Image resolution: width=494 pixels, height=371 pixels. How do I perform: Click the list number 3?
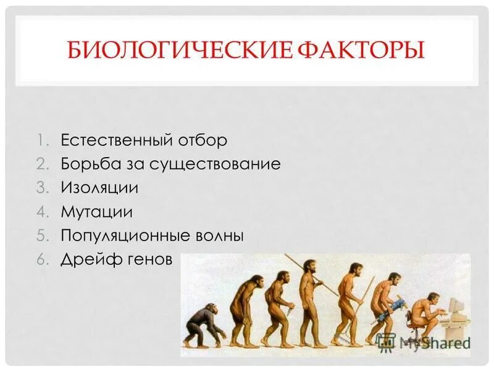[x=40, y=188]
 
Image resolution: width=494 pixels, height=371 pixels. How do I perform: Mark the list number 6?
[x=40, y=260]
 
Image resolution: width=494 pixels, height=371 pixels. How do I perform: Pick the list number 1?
[x=40, y=140]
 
